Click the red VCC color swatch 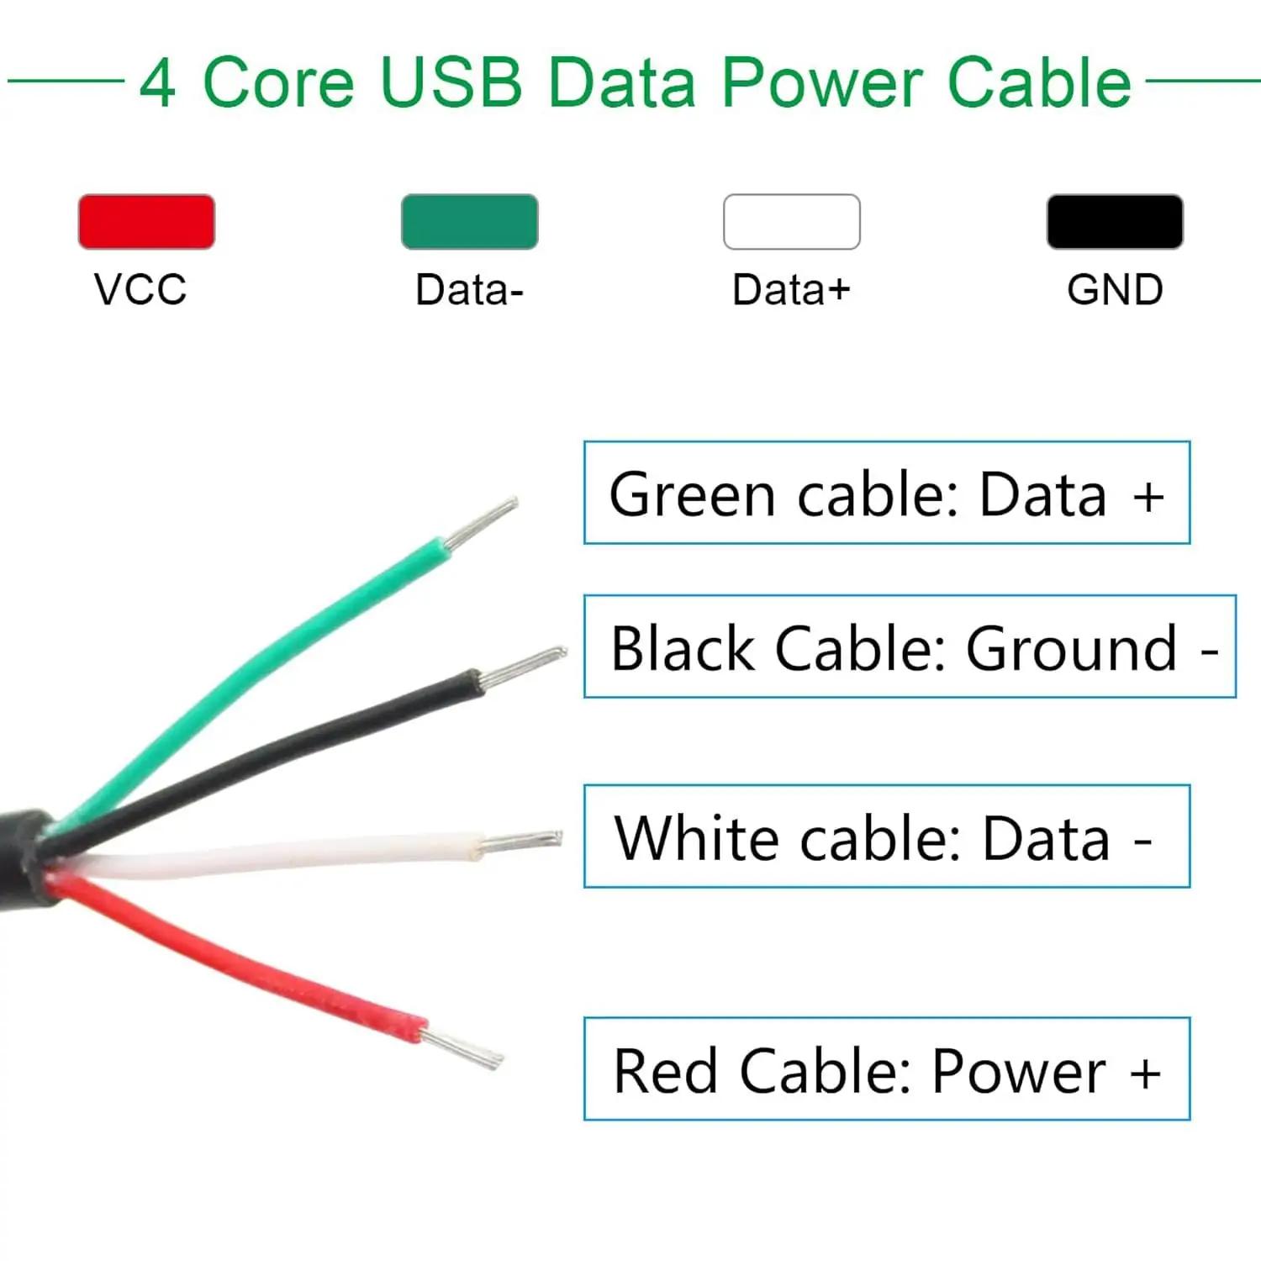click(146, 221)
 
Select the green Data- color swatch click(469, 221)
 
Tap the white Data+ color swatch click(792, 221)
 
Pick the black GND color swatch click(1115, 221)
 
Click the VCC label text click(140, 290)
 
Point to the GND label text click(1115, 290)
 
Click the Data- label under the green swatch click(469, 290)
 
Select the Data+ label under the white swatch click(791, 290)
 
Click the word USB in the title click(452, 82)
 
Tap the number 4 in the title click(157, 83)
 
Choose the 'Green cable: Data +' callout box click(887, 493)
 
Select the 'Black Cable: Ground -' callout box click(910, 646)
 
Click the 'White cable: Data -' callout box click(887, 836)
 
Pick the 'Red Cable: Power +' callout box click(887, 1068)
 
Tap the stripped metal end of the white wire click(520, 842)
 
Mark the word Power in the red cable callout click(1019, 1071)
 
